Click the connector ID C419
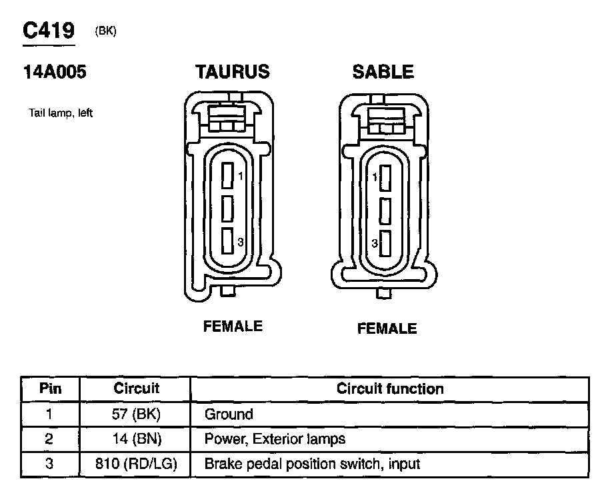(x=49, y=31)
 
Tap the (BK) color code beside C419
(x=106, y=31)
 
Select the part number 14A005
(x=55, y=72)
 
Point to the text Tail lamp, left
(x=61, y=113)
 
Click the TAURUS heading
(x=233, y=72)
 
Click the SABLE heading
(x=383, y=72)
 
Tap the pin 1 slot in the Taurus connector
(x=227, y=176)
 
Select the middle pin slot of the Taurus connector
(x=227, y=209)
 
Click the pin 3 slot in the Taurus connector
(x=227, y=241)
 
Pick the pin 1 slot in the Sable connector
(x=385, y=178)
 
